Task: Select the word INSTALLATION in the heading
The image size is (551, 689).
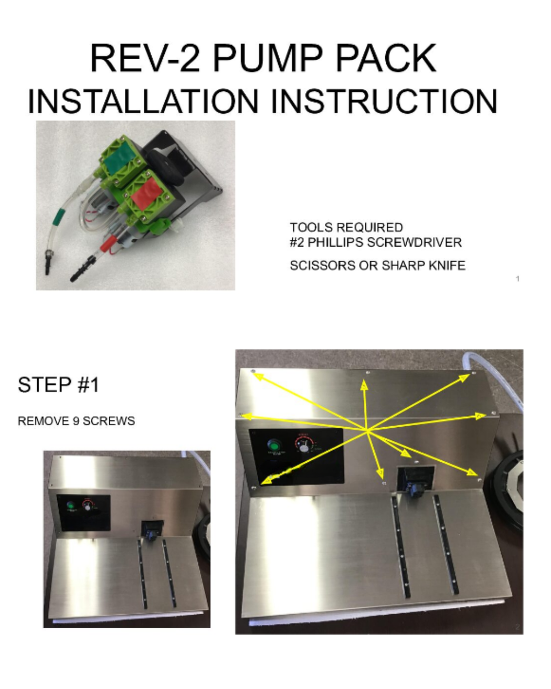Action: [x=143, y=101]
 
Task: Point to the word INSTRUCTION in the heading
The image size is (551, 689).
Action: [x=384, y=101]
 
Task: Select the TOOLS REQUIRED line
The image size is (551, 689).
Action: [x=346, y=227]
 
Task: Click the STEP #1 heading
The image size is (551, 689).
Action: [x=58, y=385]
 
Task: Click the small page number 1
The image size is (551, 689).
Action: [x=517, y=278]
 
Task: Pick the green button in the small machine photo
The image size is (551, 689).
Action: [x=70, y=505]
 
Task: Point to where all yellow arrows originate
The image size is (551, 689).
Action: [x=367, y=430]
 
